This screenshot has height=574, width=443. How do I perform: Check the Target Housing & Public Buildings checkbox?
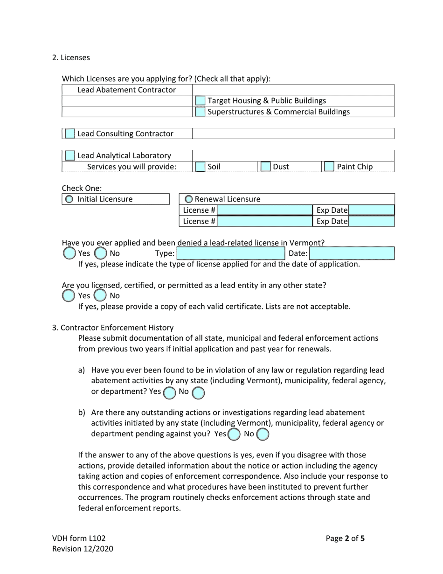pyautogui.click(x=200, y=100)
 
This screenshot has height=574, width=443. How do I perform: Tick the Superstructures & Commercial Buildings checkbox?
pyautogui.click(x=200, y=112)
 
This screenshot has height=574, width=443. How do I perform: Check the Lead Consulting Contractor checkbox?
pyautogui.click(x=69, y=133)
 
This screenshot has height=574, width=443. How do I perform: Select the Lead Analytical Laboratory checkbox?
pyautogui.click(x=69, y=155)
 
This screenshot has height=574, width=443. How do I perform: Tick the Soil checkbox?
pyautogui.click(x=200, y=167)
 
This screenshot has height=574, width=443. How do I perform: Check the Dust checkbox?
pyautogui.click(x=265, y=167)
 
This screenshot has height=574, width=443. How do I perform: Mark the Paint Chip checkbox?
pyautogui.click(x=329, y=167)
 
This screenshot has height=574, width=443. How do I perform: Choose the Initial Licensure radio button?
pyautogui.click(x=69, y=199)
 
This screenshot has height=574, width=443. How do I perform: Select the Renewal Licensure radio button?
pyautogui.click(x=189, y=199)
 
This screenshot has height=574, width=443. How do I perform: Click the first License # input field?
pyautogui.click(x=264, y=210)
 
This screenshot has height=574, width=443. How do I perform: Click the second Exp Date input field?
pyautogui.click(x=371, y=221)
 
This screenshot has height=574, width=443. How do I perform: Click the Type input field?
pyautogui.click(x=230, y=253)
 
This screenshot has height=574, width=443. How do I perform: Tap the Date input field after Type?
pyautogui.click(x=352, y=253)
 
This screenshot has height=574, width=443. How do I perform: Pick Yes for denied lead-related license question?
pyautogui.click(x=69, y=253)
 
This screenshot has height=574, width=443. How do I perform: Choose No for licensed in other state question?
pyautogui.click(x=100, y=295)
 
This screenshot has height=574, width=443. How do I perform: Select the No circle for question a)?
pyautogui.click(x=198, y=392)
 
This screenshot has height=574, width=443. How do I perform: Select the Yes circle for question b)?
pyautogui.click(x=234, y=434)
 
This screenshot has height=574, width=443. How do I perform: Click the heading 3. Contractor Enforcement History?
pyautogui.click(x=112, y=328)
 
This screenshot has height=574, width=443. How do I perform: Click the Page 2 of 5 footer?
pyautogui.click(x=345, y=538)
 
